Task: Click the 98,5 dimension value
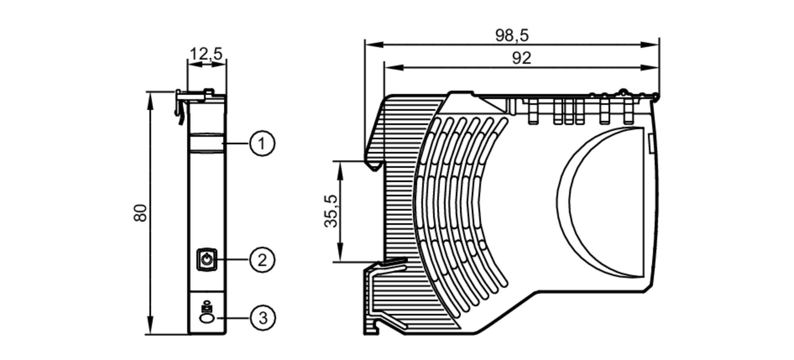coord(512,36)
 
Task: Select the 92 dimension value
coord(521,58)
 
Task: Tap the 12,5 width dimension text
coord(206,54)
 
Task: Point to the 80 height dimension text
coord(141,213)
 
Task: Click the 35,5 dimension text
coord(331,211)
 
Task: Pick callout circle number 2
coord(262,260)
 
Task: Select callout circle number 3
coord(262,318)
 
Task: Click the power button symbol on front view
coord(207,260)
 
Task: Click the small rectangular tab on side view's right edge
coord(651,143)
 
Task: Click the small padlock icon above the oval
coord(206,308)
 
